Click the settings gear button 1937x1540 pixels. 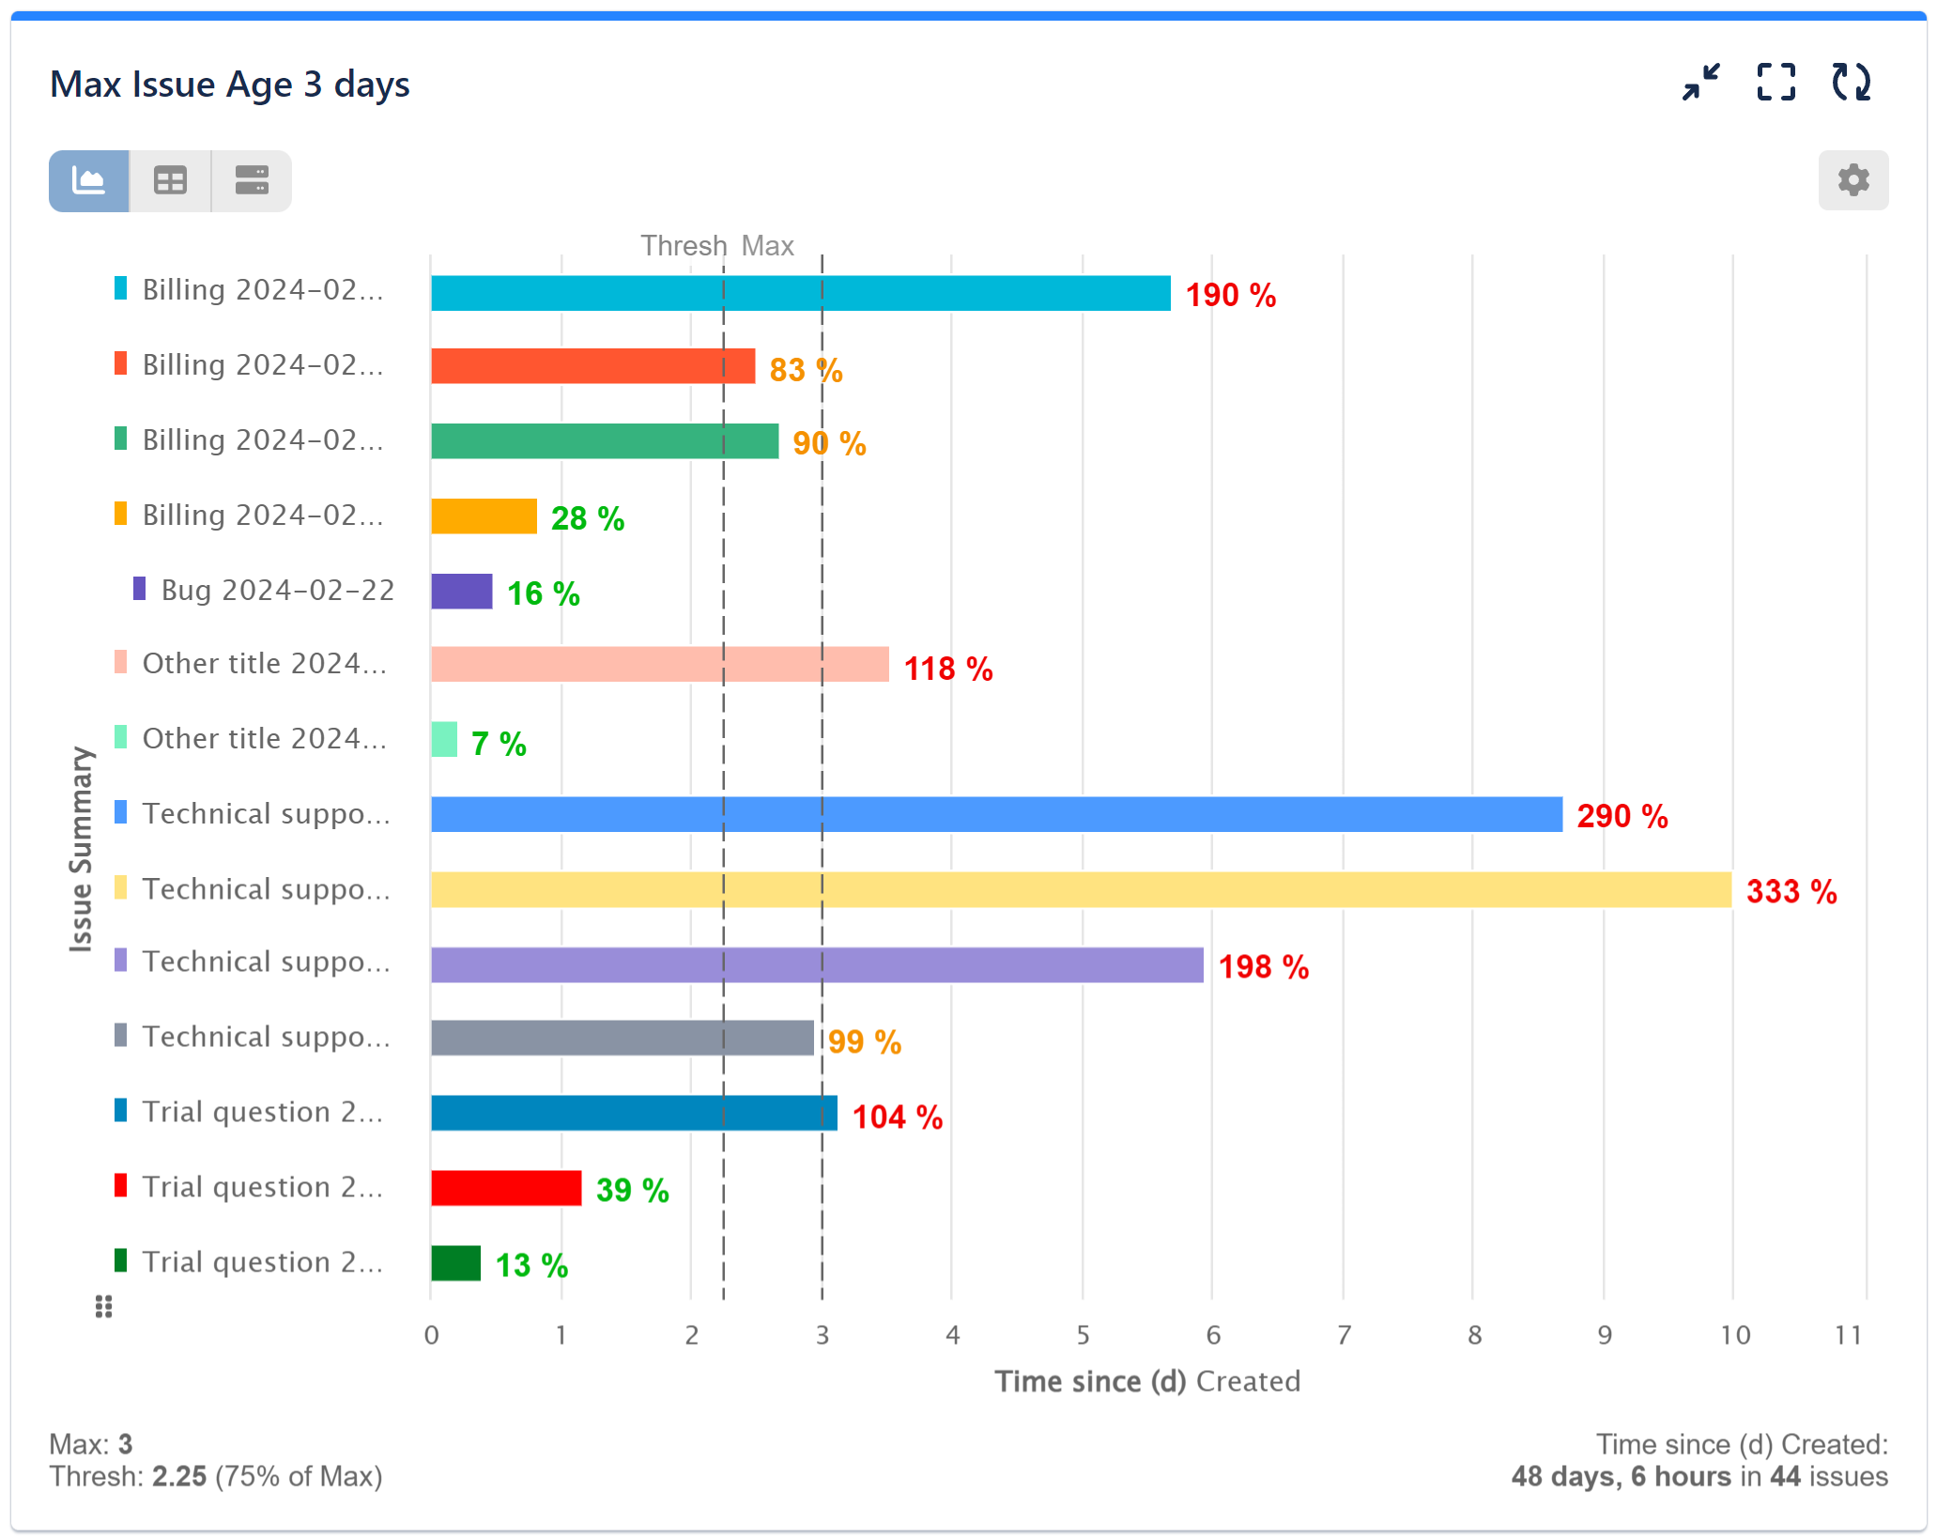coord(1852,179)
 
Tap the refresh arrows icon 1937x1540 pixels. coord(1851,83)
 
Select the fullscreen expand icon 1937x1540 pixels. coord(1776,83)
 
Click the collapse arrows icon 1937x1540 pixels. coord(1700,83)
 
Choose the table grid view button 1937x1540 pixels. coord(170,180)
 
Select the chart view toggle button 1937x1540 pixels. coord(89,180)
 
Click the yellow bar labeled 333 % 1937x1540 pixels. coord(1080,889)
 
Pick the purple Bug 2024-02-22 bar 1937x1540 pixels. coord(461,592)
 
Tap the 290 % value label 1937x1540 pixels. coord(1622,816)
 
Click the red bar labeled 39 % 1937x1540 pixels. coord(506,1188)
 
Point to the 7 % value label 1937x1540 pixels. coord(499,744)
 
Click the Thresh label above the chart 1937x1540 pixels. coord(683,246)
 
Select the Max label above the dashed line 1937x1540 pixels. coord(767,246)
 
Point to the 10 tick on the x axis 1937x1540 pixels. coord(1734,1334)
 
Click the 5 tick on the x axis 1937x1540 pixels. coord(1083,1334)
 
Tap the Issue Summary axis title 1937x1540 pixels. coord(82,849)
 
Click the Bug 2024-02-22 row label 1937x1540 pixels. coord(277,590)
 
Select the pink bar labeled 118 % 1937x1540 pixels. coord(659,664)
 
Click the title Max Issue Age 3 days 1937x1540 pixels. coord(229,85)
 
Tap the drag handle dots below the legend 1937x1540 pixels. coord(104,1306)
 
